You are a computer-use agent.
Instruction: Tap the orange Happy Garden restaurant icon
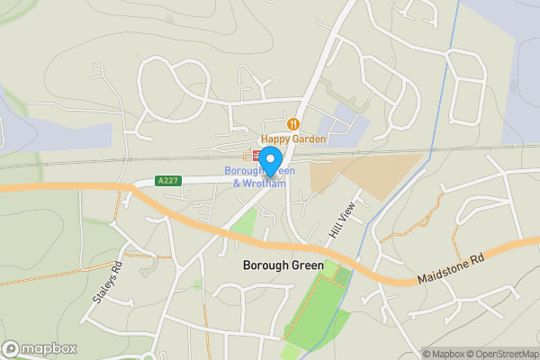coord(292,123)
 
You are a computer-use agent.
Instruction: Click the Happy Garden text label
coord(293,139)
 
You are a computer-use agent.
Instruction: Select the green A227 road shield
coord(167,181)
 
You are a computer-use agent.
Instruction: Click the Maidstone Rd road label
coord(451,270)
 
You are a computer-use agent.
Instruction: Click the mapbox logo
coord(40,348)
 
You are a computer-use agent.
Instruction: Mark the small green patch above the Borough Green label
coord(243,223)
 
